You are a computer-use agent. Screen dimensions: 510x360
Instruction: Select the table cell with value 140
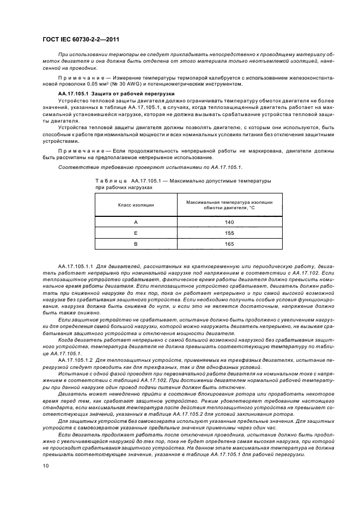click(x=229, y=222)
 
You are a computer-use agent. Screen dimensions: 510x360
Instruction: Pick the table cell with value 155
click(x=229, y=233)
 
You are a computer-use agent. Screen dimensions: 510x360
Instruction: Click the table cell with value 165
click(x=229, y=244)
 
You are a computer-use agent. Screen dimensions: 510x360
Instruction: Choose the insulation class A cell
click(x=136, y=222)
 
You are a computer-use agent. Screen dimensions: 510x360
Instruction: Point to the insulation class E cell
click(x=136, y=233)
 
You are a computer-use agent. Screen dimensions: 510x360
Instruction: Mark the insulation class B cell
click(x=136, y=244)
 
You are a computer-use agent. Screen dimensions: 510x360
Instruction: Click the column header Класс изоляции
click(x=136, y=205)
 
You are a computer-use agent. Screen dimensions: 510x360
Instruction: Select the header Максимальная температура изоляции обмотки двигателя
click(x=229, y=205)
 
